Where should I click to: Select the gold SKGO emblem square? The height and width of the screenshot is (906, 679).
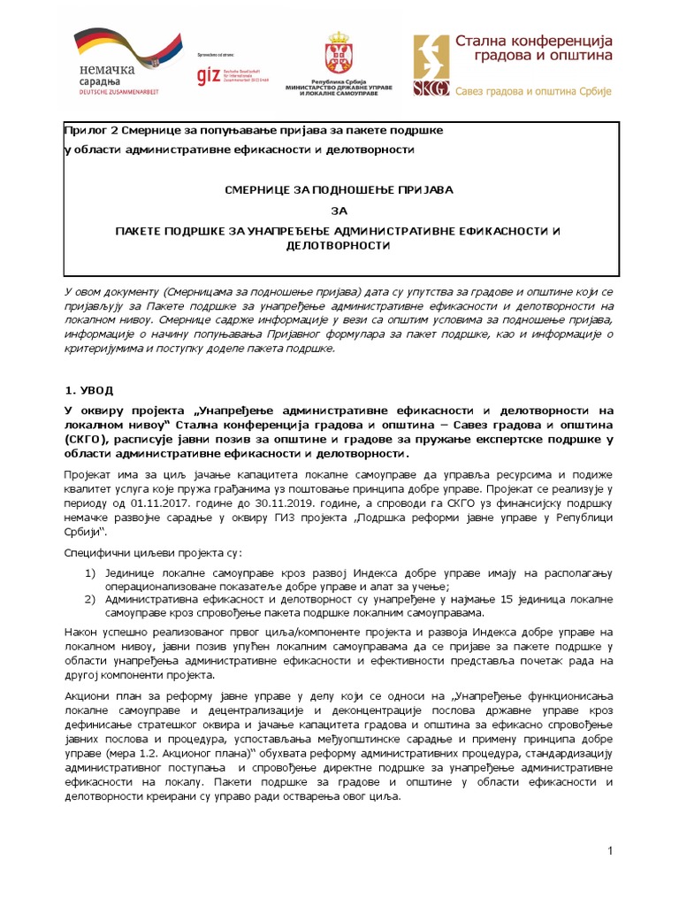tap(431, 65)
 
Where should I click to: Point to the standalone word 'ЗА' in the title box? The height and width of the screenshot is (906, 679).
tap(339, 211)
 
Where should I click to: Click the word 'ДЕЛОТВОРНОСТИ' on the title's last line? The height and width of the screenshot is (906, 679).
tap(340, 244)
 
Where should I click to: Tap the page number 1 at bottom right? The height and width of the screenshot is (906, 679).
tap(610, 850)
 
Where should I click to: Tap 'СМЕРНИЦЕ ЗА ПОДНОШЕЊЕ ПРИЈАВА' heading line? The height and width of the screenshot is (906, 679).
tap(340, 189)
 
